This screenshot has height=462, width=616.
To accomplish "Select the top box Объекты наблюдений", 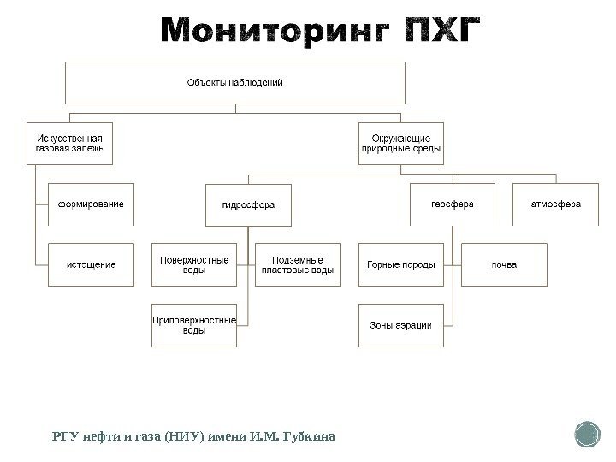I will (234, 83).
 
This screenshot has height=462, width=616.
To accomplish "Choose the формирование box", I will (91, 204).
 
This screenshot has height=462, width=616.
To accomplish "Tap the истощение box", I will (91, 265).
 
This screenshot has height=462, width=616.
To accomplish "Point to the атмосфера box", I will (555, 204).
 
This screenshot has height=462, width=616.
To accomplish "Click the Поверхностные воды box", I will (194, 265).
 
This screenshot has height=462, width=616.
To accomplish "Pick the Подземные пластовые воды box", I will (298, 265).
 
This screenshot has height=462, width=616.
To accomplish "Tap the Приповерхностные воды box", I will (194, 325).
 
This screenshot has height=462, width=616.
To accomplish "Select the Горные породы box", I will (400, 265).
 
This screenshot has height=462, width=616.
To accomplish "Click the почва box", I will (503, 265).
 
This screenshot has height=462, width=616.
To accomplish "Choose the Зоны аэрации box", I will (400, 325).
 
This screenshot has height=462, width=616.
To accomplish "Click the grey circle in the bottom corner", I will (589, 434).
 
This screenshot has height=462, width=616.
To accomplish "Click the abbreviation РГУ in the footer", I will (64, 437).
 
